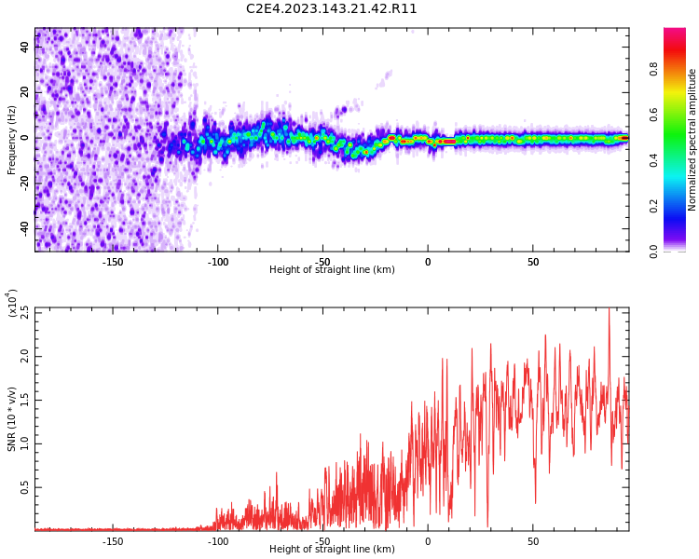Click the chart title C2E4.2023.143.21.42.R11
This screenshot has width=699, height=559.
[x=332, y=9]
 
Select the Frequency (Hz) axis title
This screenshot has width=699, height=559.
[x=12, y=139]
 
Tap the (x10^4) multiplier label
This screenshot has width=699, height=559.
[x=12, y=303]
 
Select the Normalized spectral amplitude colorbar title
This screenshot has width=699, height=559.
[x=692, y=140]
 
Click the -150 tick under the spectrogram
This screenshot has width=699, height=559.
[x=113, y=262]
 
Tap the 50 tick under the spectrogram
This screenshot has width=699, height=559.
[x=532, y=262]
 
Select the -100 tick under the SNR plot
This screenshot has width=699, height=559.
[x=217, y=541]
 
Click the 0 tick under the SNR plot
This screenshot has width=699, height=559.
[x=428, y=541]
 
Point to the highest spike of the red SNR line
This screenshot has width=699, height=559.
[x=610, y=310]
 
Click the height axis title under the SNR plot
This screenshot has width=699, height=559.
[x=332, y=550]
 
